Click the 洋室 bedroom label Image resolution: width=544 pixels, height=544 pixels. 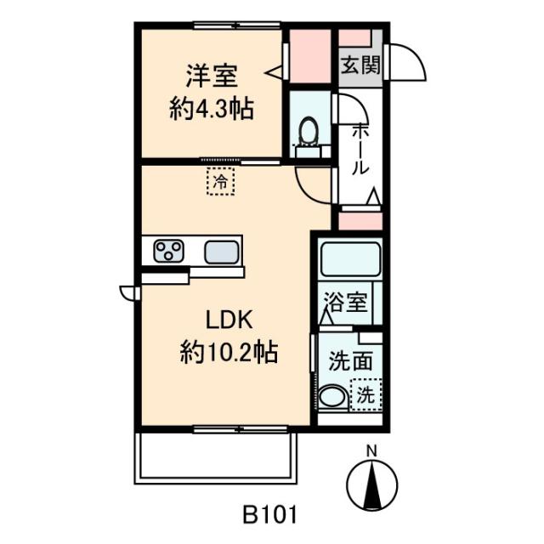(212, 76)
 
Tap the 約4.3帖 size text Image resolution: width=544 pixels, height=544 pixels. (212, 110)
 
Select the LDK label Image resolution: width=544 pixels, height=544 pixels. (229, 320)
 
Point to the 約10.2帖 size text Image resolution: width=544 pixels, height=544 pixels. (229, 353)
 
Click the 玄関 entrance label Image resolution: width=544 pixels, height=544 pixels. (360, 65)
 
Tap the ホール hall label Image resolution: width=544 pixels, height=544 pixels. (360, 150)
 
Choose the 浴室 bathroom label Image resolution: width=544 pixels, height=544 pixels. (346, 302)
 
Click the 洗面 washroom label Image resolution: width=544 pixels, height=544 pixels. (350, 360)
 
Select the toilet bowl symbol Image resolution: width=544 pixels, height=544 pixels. (309, 131)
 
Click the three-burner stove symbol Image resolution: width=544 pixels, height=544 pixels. (168, 251)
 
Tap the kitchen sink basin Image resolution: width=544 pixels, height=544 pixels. (221, 252)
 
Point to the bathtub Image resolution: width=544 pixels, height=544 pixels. (350, 258)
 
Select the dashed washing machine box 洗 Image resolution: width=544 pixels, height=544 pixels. (366, 394)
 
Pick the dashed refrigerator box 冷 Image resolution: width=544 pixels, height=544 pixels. (221, 181)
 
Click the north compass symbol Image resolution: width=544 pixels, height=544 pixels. (372, 484)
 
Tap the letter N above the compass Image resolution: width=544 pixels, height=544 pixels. (372, 451)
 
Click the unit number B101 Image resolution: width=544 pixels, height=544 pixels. (269, 514)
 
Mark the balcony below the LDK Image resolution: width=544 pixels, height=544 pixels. (215, 458)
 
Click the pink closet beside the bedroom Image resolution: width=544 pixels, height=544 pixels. (310, 56)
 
